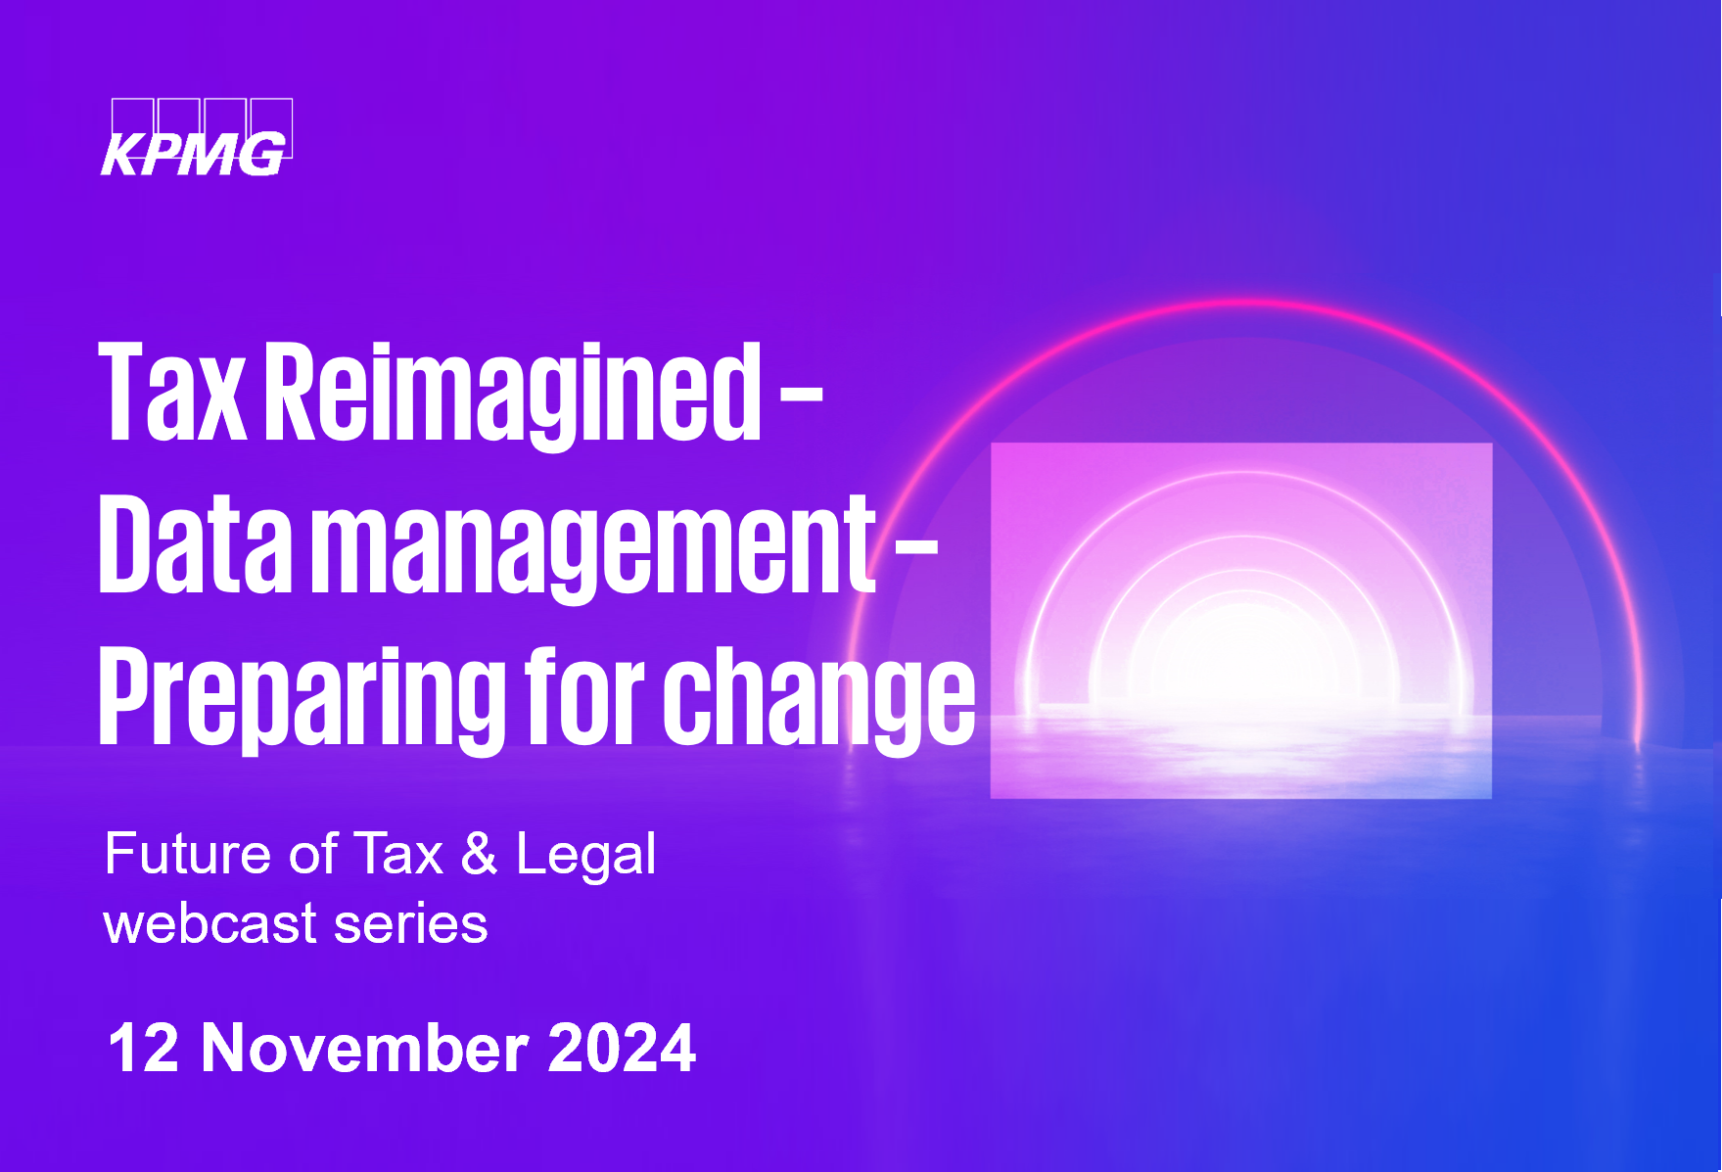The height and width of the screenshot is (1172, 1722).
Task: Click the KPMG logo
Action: coord(197,137)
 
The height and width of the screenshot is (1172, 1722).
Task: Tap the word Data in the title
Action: coord(196,544)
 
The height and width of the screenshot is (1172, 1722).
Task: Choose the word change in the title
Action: coord(818,700)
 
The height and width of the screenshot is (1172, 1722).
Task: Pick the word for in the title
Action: coord(584,694)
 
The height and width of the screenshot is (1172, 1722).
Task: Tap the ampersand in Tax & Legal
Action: coord(479,854)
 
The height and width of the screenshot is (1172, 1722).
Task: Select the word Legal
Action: coord(585,856)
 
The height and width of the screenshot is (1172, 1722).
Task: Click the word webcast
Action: coord(210,923)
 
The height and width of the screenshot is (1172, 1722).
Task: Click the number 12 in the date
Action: coord(143,1049)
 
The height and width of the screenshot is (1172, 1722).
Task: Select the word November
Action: coord(364,1049)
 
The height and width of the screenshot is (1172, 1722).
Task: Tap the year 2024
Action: coord(621,1049)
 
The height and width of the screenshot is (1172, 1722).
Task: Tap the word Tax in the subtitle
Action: coord(398,854)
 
